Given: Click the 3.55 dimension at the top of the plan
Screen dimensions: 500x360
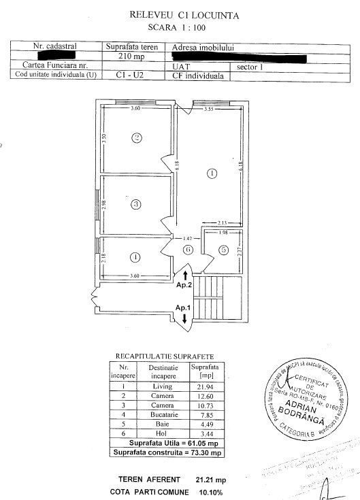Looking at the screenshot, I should coord(209,109).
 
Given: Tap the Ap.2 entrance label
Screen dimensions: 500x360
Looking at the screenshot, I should coord(185,286).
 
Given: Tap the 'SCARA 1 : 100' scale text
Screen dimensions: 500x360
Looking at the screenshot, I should coord(179,28).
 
